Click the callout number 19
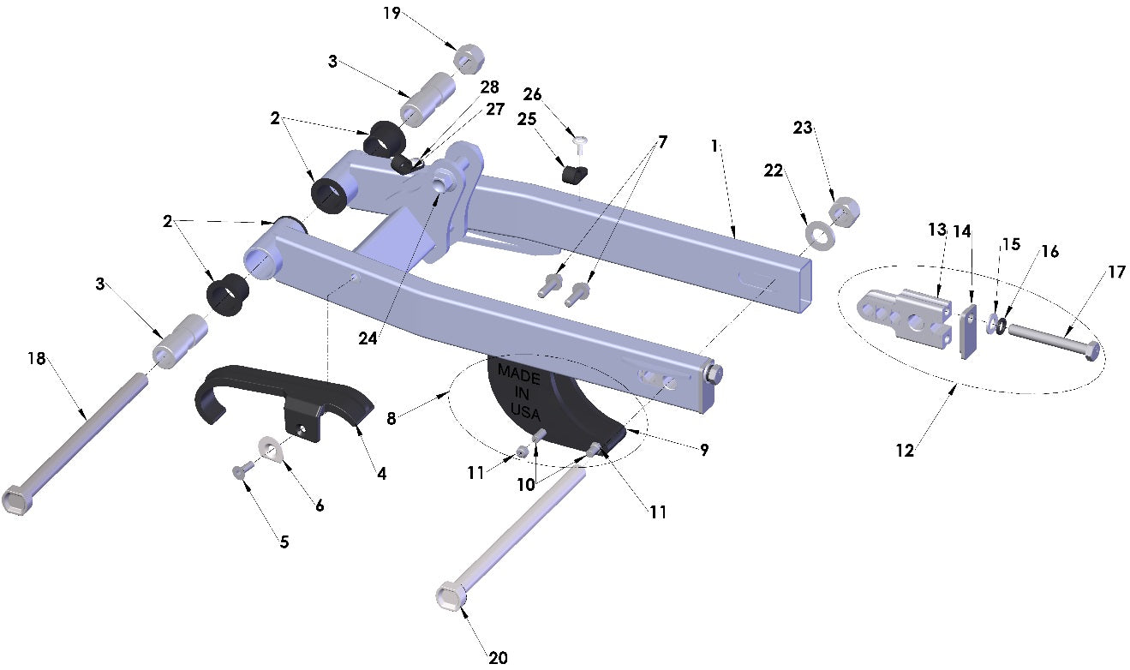[x=392, y=13]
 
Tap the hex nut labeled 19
[x=470, y=58]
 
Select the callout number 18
[x=37, y=359]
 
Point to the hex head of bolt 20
[x=451, y=595]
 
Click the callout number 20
[x=498, y=657]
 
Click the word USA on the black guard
[x=525, y=411]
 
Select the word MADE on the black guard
[x=518, y=374]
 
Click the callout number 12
[x=905, y=450]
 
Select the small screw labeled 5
[x=241, y=470]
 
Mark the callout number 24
[x=368, y=338]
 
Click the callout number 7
[x=662, y=141]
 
